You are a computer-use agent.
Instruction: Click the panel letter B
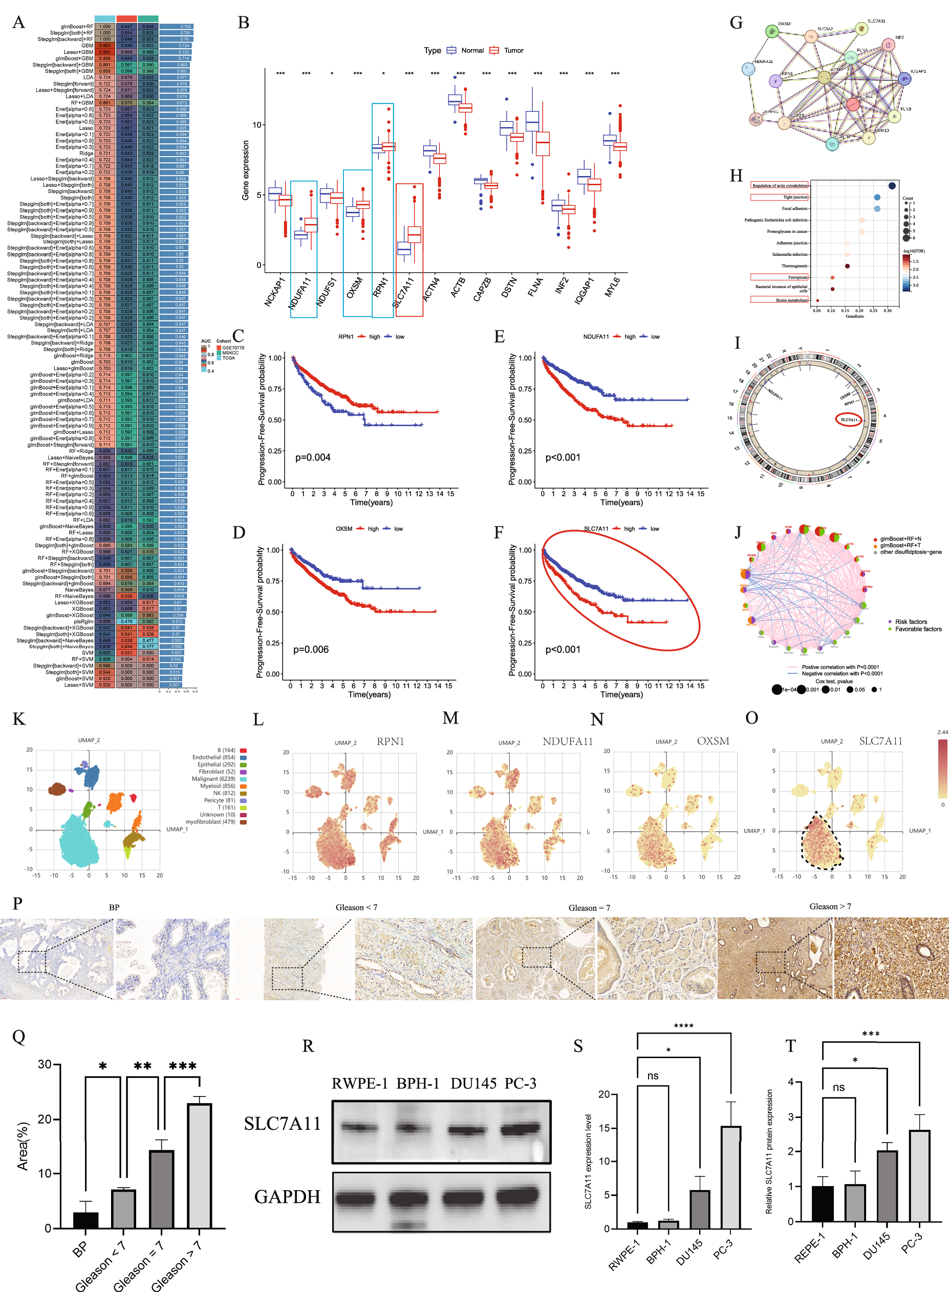coord(243,23)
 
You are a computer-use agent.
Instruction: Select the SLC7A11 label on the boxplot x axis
coord(404,292)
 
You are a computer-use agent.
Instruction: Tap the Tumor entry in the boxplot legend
coord(513,51)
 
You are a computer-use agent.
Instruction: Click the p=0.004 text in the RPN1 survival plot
coord(313,457)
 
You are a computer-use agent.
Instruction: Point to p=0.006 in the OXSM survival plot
coord(311,649)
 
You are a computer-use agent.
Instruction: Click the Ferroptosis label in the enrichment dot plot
coord(797,277)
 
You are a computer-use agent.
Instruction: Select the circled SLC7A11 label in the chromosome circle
coord(849,420)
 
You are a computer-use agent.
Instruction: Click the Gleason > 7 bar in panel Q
coord(199,1165)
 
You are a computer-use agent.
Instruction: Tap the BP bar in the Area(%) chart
coord(85,1220)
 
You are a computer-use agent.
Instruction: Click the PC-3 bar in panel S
coord(731,1177)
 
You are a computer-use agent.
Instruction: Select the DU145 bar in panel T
coord(887,1186)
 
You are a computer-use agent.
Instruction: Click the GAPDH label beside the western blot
coord(287,1197)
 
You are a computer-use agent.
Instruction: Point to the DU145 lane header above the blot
coord(473,1084)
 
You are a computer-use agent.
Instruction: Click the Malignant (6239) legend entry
coord(213,779)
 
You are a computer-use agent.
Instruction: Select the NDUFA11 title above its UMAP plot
coord(567,741)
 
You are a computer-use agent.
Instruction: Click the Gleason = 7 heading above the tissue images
coord(589,908)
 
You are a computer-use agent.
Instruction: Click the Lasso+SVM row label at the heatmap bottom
coord(78,685)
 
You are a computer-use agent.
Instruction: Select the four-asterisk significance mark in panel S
coord(683,1026)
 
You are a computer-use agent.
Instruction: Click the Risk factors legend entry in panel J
coord(911,621)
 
